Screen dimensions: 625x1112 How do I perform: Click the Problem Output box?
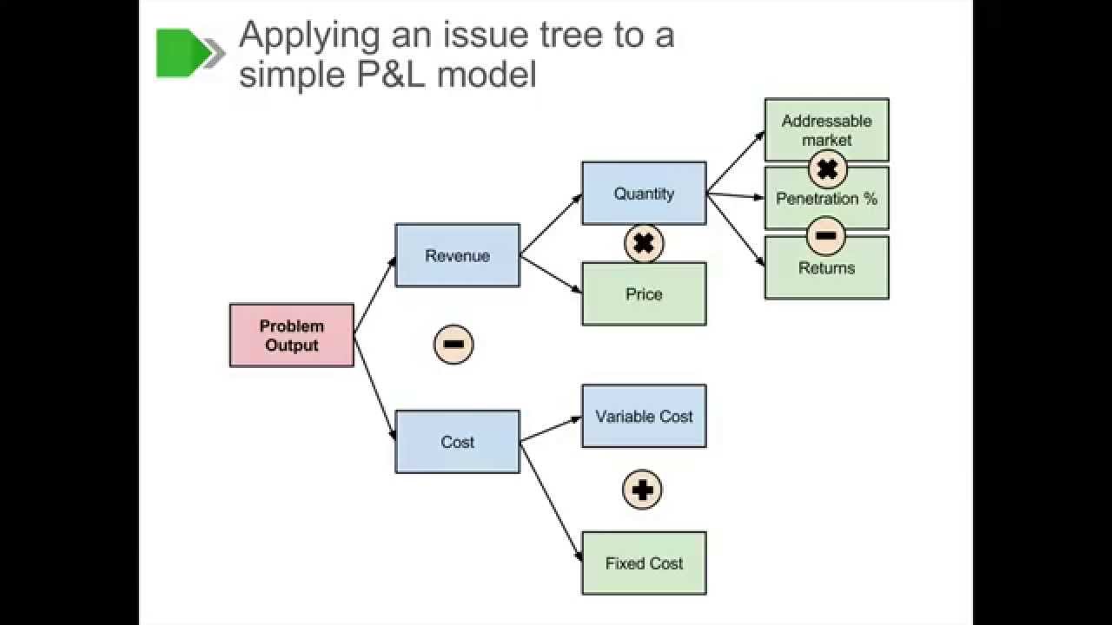pyautogui.click(x=292, y=335)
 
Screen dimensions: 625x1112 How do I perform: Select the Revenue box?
pyautogui.click(x=457, y=255)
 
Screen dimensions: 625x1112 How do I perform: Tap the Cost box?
pyautogui.click(x=457, y=442)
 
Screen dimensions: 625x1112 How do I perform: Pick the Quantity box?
pyautogui.click(x=644, y=193)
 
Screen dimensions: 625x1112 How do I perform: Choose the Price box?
pyautogui.click(x=644, y=294)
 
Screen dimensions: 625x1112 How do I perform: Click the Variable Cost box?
pyautogui.click(x=644, y=416)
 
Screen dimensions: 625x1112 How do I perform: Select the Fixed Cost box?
pyautogui.click(x=644, y=563)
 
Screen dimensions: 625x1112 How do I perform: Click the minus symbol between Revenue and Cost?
pyautogui.click(x=453, y=345)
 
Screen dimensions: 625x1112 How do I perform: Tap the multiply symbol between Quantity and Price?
pyautogui.click(x=644, y=244)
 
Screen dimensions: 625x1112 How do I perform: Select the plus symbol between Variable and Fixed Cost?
pyautogui.click(x=643, y=490)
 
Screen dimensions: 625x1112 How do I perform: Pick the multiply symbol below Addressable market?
pyautogui.click(x=827, y=169)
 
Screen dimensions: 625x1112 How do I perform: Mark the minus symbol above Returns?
pyautogui.click(x=826, y=235)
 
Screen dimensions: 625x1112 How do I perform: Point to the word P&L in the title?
pyautogui.click(x=381, y=75)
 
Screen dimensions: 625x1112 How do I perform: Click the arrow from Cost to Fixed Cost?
pyautogui.click(x=551, y=501)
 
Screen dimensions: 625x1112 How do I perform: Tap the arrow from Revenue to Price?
pyautogui.click(x=551, y=273)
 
